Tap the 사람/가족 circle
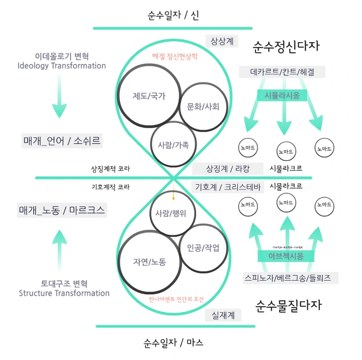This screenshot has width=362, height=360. click(173, 144)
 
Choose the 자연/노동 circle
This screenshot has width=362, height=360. click(149, 261)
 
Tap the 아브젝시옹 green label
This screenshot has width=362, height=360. click(285, 256)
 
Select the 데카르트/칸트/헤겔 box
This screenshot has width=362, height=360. click(282, 72)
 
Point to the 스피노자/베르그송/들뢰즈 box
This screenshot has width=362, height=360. click(290, 277)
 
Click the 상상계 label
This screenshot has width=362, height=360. click(221, 41)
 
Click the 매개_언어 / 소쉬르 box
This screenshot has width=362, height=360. click(62, 141)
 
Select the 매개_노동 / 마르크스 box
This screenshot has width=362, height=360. click(62, 210)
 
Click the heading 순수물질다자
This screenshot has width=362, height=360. click(289, 305)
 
